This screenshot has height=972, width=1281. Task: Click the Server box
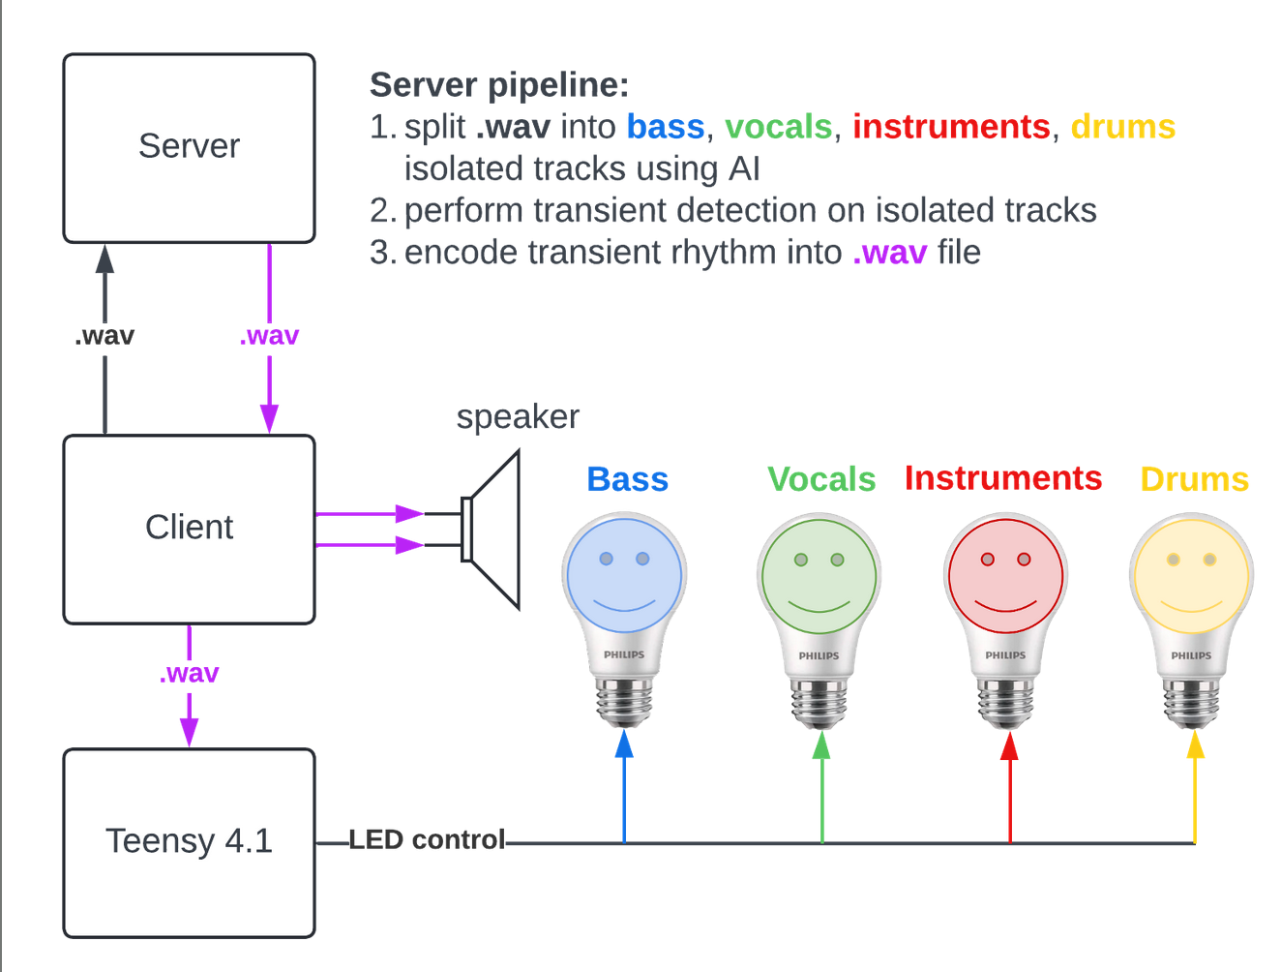(189, 147)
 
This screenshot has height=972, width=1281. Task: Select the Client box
(189, 529)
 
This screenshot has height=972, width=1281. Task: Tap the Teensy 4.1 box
(189, 842)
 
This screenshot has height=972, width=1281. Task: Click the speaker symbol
(493, 530)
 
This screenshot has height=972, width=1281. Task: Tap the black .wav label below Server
(104, 336)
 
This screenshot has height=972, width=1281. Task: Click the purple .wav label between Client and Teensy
(189, 673)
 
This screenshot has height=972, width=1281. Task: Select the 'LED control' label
(427, 839)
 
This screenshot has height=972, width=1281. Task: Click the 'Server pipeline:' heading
(499, 85)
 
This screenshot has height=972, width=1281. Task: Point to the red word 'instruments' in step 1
(951, 127)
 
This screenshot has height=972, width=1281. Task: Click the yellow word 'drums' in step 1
(1122, 127)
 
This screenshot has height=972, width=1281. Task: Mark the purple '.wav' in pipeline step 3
(890, 253)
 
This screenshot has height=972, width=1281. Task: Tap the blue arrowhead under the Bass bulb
(624, 744)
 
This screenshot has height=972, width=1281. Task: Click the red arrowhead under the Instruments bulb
(1009, 745)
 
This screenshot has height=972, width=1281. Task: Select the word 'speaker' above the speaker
(518, 416)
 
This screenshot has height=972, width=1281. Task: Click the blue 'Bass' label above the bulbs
(628, 479)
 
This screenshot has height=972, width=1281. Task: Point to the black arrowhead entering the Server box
(104, 258)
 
